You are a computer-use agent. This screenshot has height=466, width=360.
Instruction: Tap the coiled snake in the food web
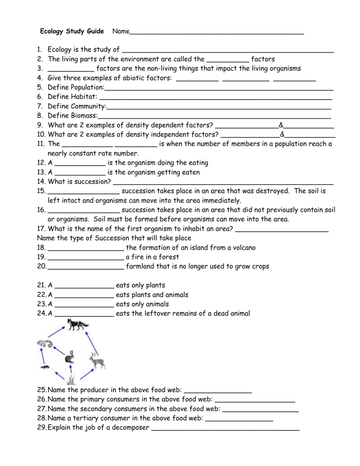pyautogui.click(x=45, y=345)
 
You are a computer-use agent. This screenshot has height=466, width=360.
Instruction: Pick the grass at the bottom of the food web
pyautogui.click(x=70, y=378)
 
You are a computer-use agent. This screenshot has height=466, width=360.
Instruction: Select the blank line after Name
pyautogui.click(x=216, y=32)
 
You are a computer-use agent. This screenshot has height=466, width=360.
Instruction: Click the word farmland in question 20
pyautogui.click(x=142, y=266)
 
